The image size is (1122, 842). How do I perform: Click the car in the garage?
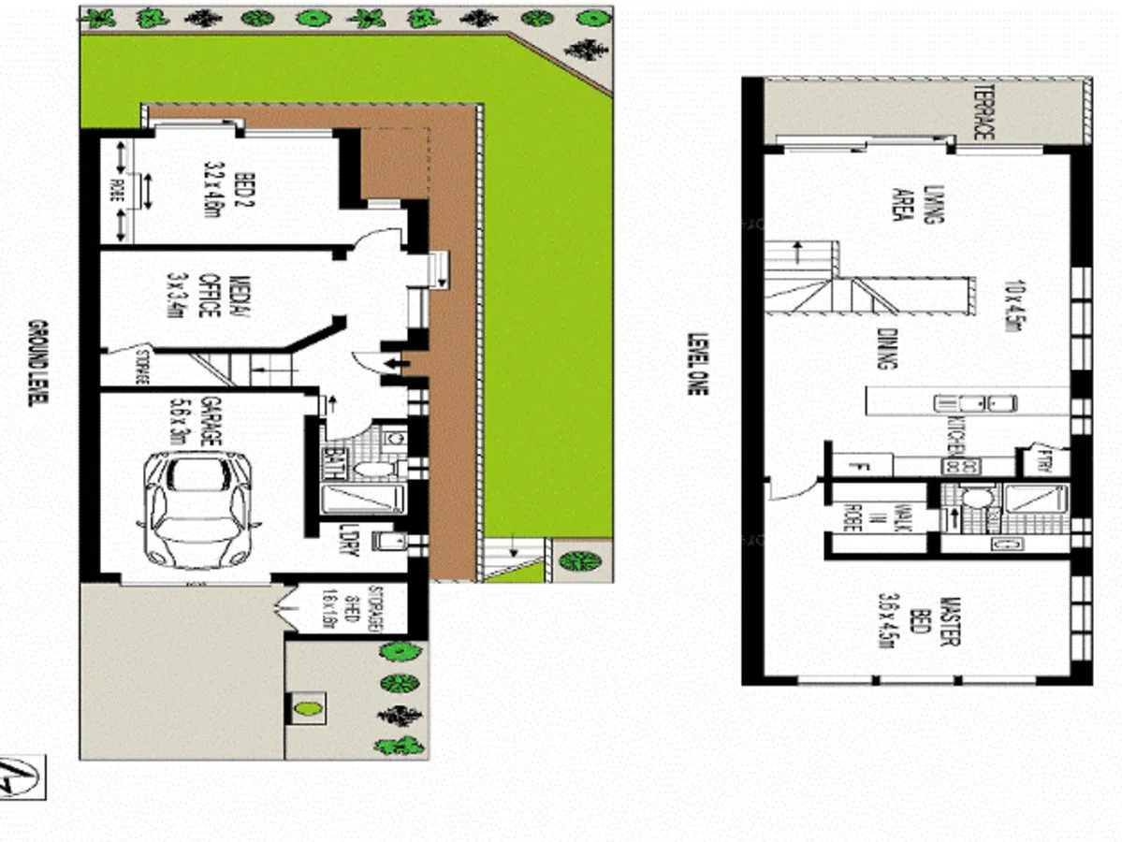[197, 510]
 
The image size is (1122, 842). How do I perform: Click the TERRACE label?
[983, 113]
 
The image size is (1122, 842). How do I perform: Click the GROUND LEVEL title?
[37, 363]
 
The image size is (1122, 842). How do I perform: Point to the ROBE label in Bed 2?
[118, 191]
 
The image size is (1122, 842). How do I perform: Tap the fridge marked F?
[862, 464]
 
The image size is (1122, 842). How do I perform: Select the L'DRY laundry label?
[348, 539]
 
